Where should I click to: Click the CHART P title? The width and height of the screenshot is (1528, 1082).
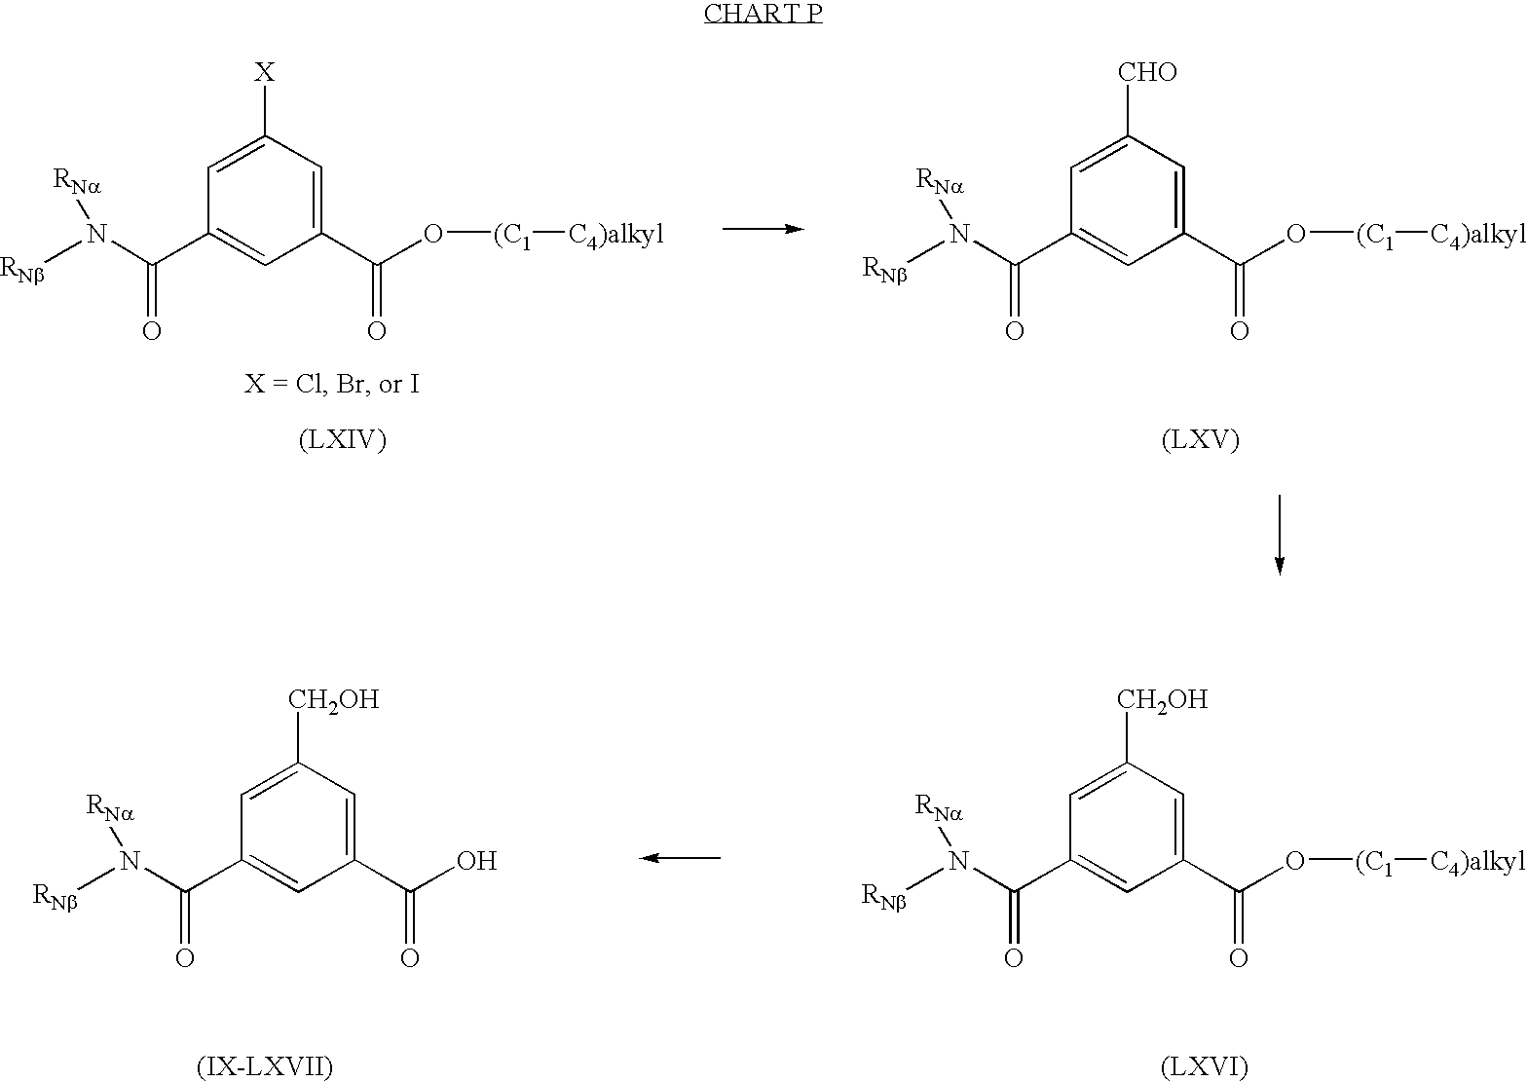click(x=763, y=15)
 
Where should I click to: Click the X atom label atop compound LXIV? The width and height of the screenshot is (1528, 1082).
click(x=265, y=72)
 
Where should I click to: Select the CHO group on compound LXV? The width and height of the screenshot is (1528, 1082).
click(x=1148, y=72)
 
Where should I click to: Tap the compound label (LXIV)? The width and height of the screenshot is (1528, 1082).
click(x=342, y=440)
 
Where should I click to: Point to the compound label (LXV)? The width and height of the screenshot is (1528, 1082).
click(x=1200, y=440)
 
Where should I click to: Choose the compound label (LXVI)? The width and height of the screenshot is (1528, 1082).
click(x=1204, y=1066)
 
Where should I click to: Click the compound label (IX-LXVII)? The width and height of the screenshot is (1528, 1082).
click(x=265, y=1066)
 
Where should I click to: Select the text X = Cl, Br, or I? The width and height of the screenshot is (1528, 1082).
click(x=331, y=384)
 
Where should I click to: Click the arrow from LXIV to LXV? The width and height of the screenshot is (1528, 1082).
click(x=763, y=229)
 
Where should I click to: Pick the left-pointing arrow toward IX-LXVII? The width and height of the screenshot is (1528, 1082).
click(x=680, y=858)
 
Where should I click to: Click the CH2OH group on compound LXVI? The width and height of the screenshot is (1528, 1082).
click(x=1162, y=699)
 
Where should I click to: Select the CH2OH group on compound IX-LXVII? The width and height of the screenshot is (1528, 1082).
click(x=333, y=699)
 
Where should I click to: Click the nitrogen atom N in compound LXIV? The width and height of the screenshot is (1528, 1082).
click(x=95, y=233)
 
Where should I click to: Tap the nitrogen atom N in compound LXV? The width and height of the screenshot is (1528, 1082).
click(x=959, y=233)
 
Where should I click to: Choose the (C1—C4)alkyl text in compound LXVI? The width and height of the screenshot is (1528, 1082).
click(x=1439, y=862)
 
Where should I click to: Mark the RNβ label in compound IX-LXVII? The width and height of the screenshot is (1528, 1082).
click(x=55, y=895)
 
